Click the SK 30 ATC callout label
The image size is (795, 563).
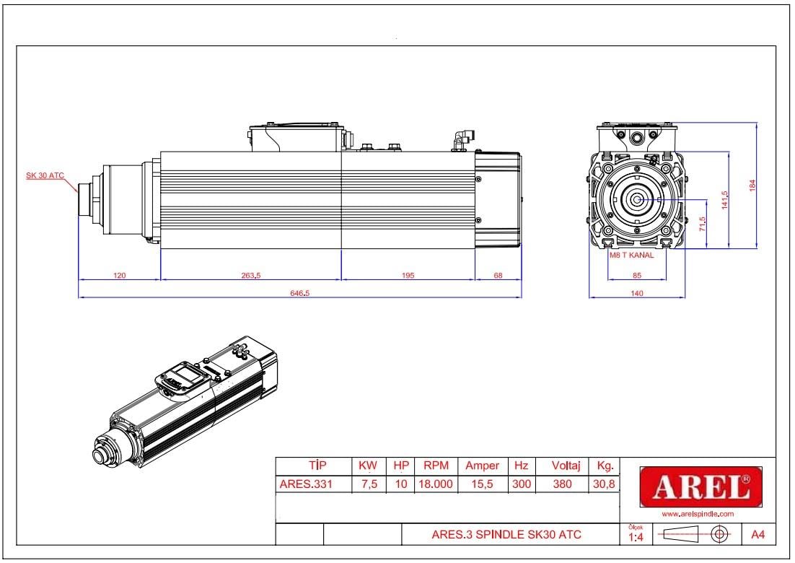45,176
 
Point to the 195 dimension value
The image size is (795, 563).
408,275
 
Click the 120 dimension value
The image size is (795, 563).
119,275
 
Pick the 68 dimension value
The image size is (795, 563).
498,275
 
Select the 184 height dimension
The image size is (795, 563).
752,185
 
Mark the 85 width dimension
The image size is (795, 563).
637,275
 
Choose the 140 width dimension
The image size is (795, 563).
637,293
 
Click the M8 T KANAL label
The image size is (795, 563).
632,256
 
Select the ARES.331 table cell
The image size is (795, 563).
306,484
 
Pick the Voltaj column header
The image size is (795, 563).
561,466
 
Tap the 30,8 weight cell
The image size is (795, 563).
604,484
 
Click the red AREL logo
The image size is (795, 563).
700,487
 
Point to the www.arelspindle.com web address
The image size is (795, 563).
698,514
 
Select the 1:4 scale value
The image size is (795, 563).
636,537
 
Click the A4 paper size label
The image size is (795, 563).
758,535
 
